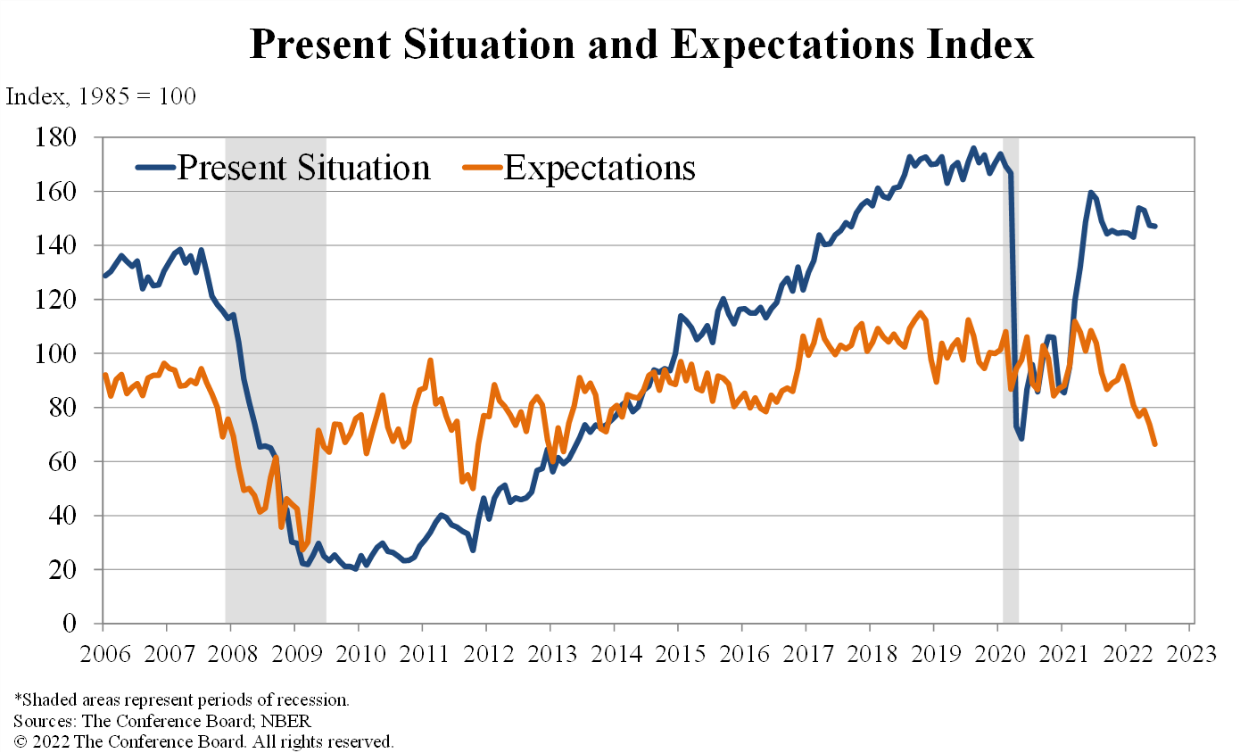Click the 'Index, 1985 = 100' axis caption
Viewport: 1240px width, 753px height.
[101, 96]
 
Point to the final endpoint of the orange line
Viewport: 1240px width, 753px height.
[1155, 443]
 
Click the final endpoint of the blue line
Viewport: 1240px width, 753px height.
[1155, 226]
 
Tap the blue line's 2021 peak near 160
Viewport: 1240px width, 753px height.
[1090, 193]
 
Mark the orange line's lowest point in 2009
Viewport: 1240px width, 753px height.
[303, 549]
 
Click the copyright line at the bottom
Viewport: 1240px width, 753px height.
[203, 741]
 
